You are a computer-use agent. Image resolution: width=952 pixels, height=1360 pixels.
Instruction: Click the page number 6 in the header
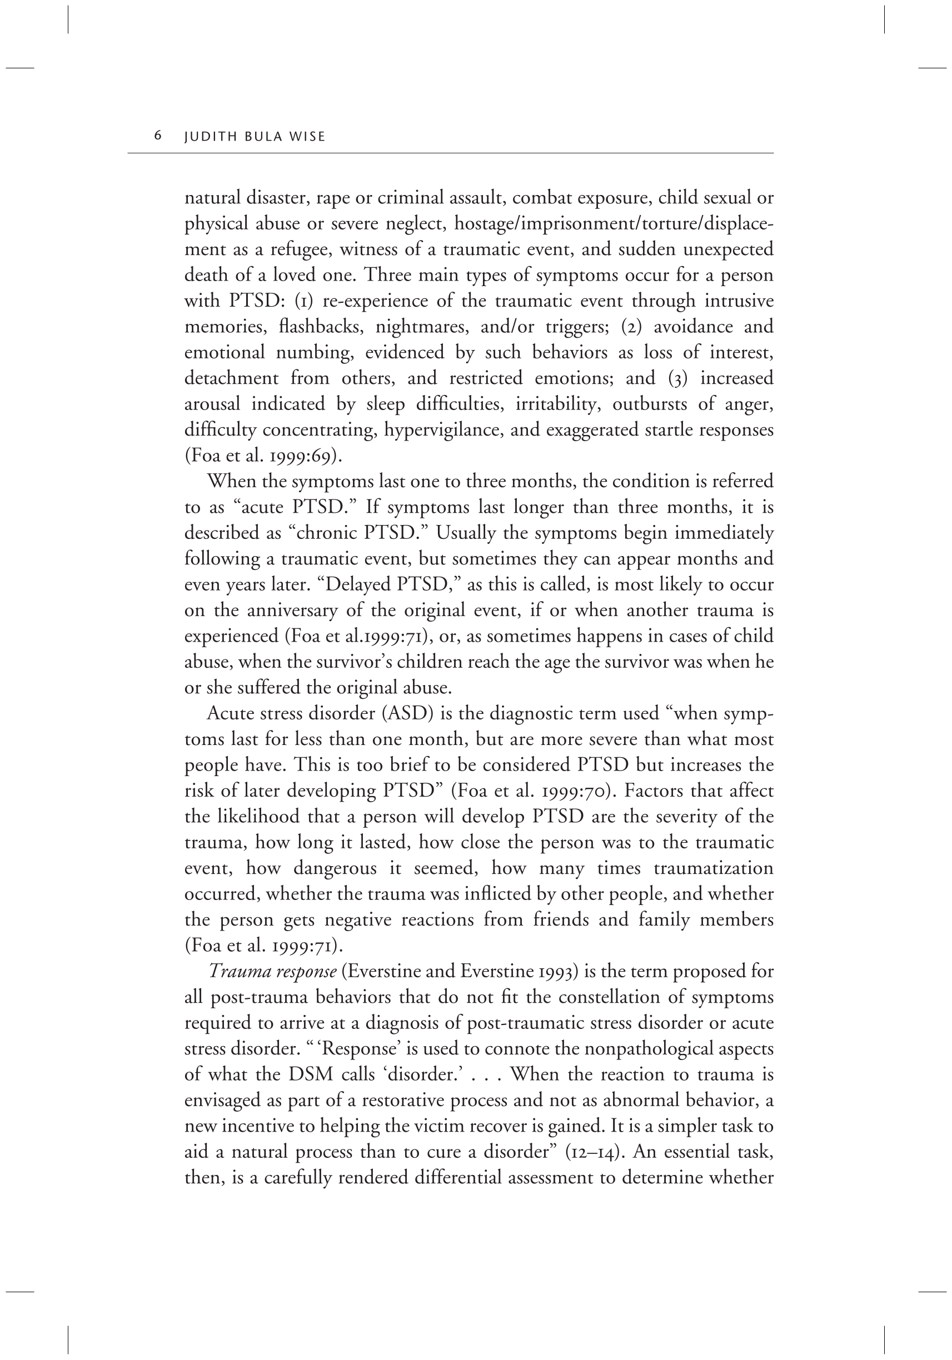coord(158,136)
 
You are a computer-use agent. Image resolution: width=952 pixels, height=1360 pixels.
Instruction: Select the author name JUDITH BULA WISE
coord(255,137)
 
